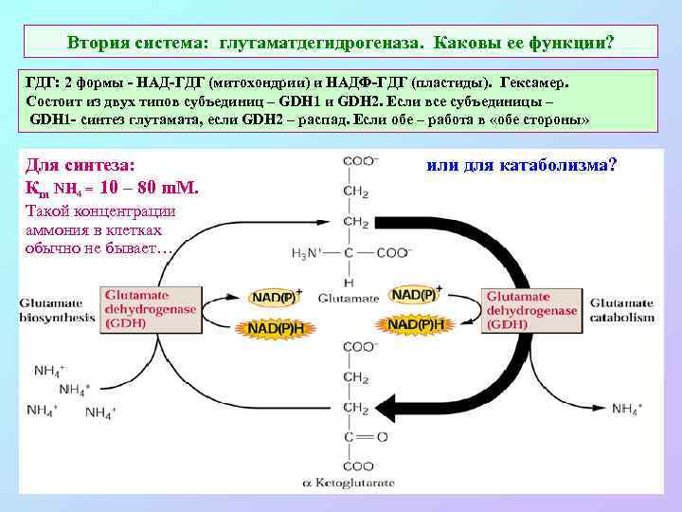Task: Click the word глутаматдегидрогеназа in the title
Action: pos(322,44)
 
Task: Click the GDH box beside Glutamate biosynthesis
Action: pos(150,309)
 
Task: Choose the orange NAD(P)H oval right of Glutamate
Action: pos(418,324)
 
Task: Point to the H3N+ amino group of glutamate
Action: pos(309,252)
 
